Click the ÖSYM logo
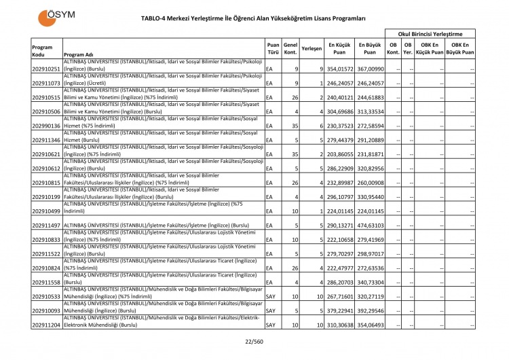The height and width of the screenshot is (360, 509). tap(57, 17)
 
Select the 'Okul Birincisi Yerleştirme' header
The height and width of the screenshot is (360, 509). tap(430, 33)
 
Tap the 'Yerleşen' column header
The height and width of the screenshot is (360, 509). tap(311, 49)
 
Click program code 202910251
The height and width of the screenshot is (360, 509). tap(46, 69)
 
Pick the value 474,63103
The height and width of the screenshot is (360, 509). tap(371, 225)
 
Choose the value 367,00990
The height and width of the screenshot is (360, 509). tap(371, 69)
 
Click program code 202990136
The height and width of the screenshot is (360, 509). tap(46, 126)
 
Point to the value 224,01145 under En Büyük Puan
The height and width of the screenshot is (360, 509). tap(371, 211)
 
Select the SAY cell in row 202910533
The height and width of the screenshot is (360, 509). tap(270, 297)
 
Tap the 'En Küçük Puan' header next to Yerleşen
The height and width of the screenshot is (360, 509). tap(339, 48)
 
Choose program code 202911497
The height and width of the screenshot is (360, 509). tap(46, 225)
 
